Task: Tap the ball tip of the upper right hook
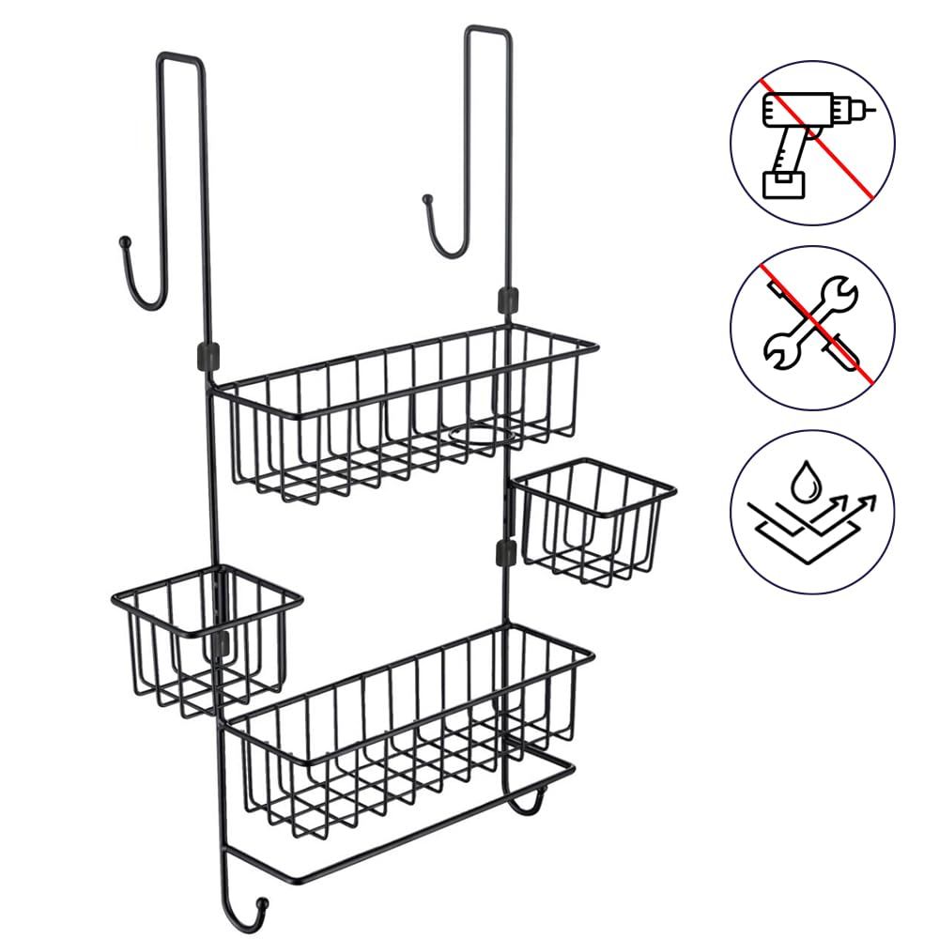point(427,200)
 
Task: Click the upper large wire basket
point(404,413)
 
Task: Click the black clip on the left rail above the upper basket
point(205,355)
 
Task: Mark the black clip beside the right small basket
point(505,551)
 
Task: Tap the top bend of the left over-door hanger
point(178,58)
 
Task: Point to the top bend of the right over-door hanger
point(488,32)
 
